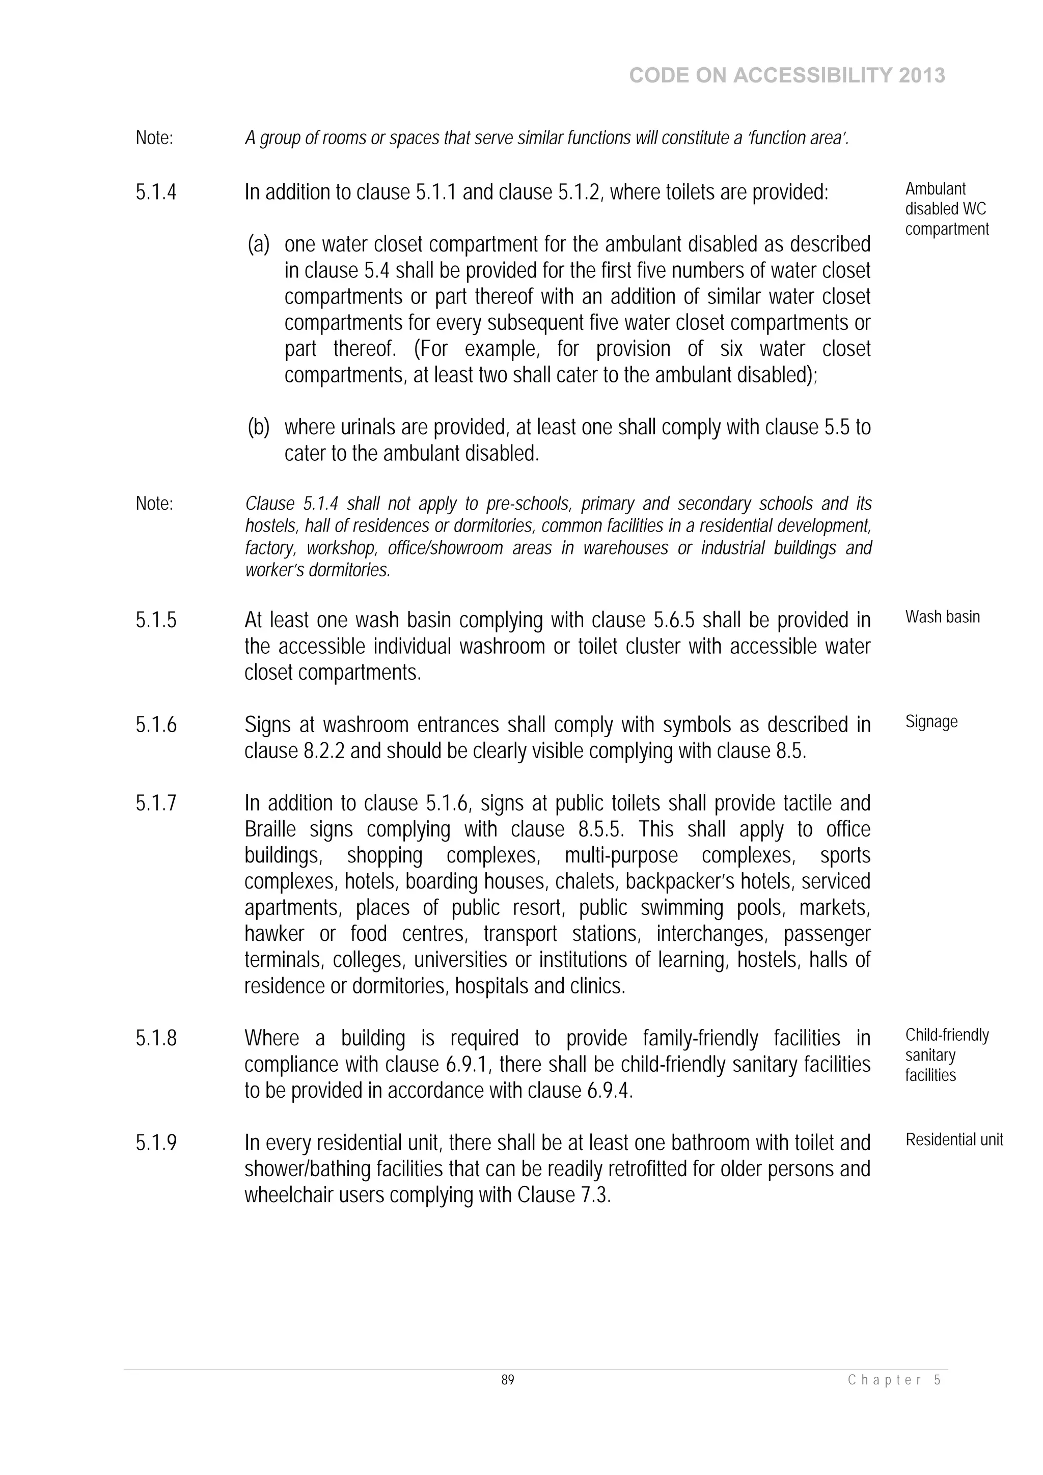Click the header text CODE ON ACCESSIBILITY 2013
(x=787, y=76)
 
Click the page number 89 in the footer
(x=508, y=1380)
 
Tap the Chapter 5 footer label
(x=895, y=1380)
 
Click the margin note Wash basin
(x=942, y=617)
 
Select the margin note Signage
(x=931, y=721)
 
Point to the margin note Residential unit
(x=954, y=1139)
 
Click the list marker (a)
(x=258, y=244)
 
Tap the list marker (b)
(x=258, y=427)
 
